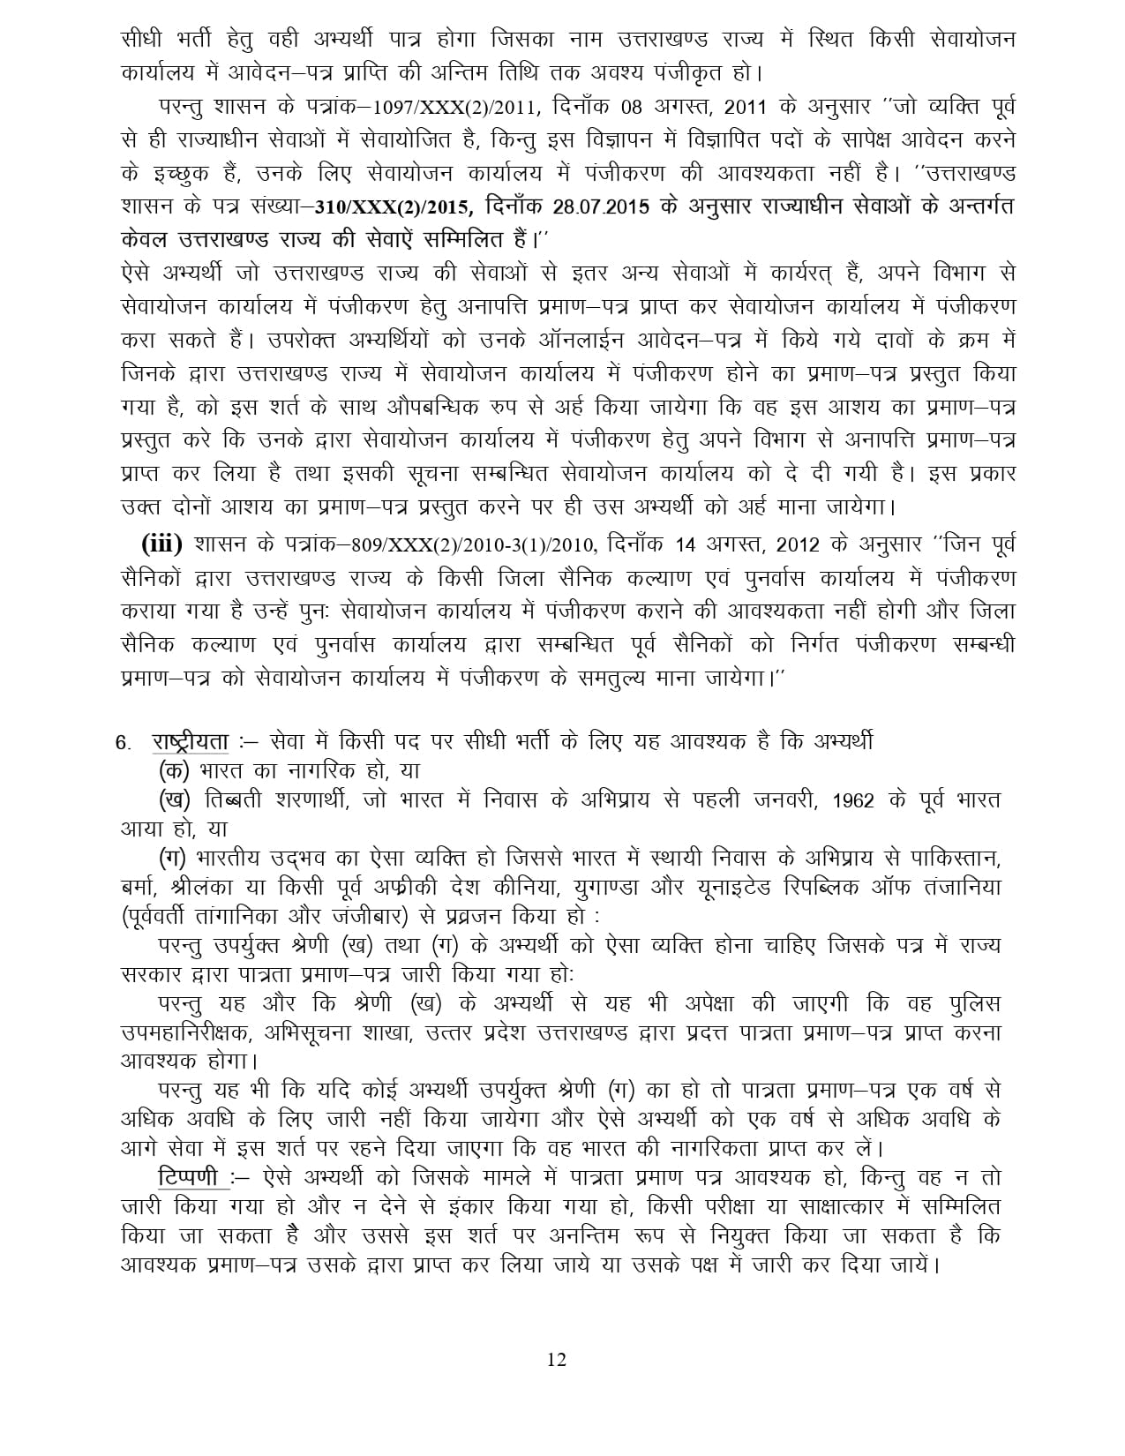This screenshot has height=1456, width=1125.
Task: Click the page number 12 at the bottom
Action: coord(556,1358)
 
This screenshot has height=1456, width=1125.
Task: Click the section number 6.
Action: coord(123,742)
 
